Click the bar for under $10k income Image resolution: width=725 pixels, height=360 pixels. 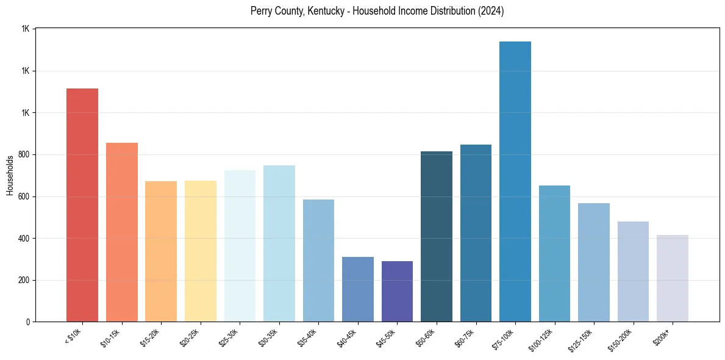pyautogui.click(x=82, y=205)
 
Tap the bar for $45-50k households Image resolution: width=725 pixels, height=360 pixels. pyautogui.click(x=397, y=292)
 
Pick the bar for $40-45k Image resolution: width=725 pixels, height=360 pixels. pyautogui.click(x=358, y=289)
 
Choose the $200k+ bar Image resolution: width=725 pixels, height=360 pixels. pyautogui.click(x=673, y=278)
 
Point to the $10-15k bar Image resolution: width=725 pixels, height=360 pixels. pyautogui.click(x=122, y=232)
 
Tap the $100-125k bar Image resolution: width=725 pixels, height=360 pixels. pyautogui.click(x=554, y=254)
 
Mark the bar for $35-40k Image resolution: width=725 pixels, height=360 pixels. pyautogui.click(x=318, y=261)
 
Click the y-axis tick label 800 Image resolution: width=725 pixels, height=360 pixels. pyautogui.click(x=24, y=155)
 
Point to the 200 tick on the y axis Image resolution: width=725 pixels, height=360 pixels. pyautogui.click(x=24, y=281)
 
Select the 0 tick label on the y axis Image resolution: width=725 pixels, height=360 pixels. pyautogui.click(x=28, y=322)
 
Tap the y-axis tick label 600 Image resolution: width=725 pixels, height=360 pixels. pyautogui.click(x=24, y=196)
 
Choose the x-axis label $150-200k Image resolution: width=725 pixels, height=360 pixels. pyautogui.click(x=620, y=340)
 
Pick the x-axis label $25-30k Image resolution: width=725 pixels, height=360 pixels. pyautogui.click(x=229, y=337)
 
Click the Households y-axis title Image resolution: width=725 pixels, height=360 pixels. pyautogui.click(x=10, y=175)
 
